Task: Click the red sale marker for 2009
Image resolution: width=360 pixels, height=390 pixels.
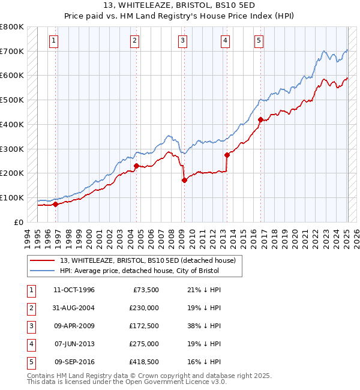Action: tap(184, 180)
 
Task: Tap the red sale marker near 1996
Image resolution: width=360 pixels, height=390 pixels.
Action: tap(55, 204)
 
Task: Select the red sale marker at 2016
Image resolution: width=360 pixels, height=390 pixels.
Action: tap(260, 120)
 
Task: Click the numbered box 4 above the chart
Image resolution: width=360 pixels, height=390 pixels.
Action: tap(225, 41)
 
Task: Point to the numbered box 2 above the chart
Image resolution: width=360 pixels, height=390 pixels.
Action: tap(134, 41)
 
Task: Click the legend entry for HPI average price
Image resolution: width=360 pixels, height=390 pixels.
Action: tap(139, 271)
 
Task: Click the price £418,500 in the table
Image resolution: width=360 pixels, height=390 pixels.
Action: tap(143, 362)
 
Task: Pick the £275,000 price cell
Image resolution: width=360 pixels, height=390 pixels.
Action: tap(143, 344)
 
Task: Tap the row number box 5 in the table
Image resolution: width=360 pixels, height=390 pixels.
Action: tap(29, 362)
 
